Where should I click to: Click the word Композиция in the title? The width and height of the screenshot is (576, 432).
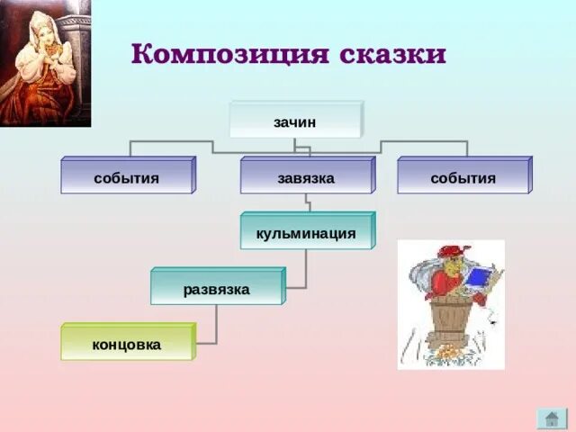pyautogui.click(x=229, y=54)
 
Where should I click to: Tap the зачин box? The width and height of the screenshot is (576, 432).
pyautogui.click(x=295, y=120)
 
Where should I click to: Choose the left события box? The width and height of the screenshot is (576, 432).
pyautogui.click(x=127, y=177)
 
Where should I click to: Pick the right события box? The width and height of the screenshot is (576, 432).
pyautogui.click(x=463, y=177)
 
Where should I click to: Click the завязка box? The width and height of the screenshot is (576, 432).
pyautogui.click(x=306, y=177)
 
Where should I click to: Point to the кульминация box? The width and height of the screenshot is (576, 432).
pyautogui.click(x=306, y=233)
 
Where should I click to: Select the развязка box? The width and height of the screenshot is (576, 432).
pyautogui.click(x=217, y=289)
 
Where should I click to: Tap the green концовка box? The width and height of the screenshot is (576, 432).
pyautogui.click(x=127, y=344)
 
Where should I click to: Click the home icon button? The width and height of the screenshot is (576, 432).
pyautogui.click(x=551, y=418)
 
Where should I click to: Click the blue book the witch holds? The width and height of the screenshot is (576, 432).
pyautogui.click(x=478, y=279)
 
